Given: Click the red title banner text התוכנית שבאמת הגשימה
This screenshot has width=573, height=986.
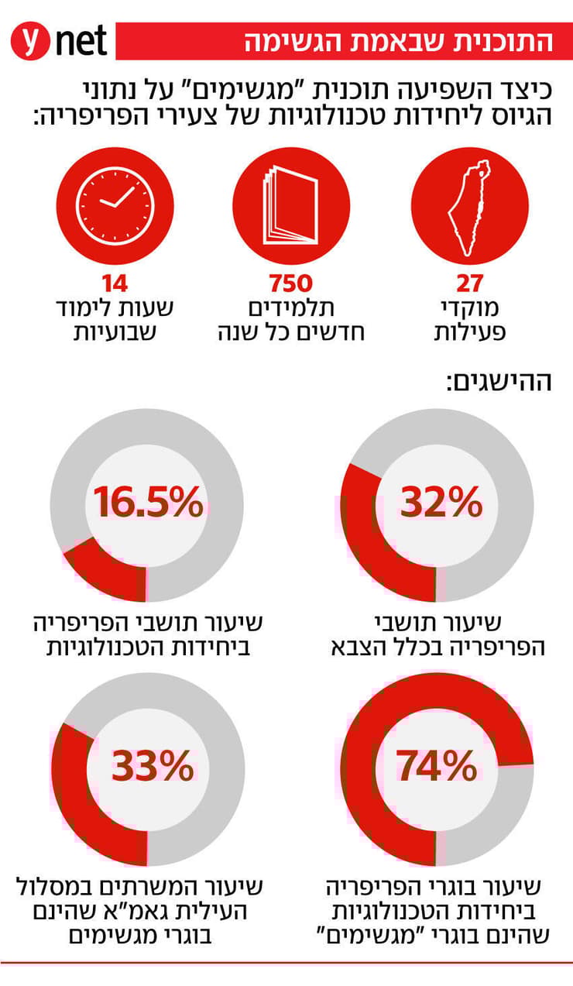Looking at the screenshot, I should pos(399,42).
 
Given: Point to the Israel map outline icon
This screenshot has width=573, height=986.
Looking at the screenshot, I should pos(470,205).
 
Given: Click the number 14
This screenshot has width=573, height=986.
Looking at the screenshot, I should pos(114,283).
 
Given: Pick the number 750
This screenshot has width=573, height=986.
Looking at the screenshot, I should pos(290,283).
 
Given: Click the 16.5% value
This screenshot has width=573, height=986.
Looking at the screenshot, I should pos(147,503).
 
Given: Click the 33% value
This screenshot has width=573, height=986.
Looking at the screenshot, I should pos(152,767).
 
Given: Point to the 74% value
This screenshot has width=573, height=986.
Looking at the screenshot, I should pos(437,767).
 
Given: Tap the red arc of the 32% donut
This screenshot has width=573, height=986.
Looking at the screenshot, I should pos(364,534).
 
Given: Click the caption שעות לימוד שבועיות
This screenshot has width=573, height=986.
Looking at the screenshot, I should pos(114,321).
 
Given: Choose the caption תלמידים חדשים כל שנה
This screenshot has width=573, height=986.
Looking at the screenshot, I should pos(290,321).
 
